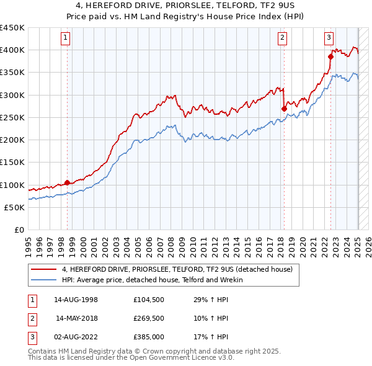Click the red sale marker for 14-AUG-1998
(x=67, y=183)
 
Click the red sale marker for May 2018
(x=284, y=109)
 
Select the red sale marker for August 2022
(x=330, y=57)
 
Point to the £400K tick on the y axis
(x=12, y=50)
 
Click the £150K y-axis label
(x=12, y=163)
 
